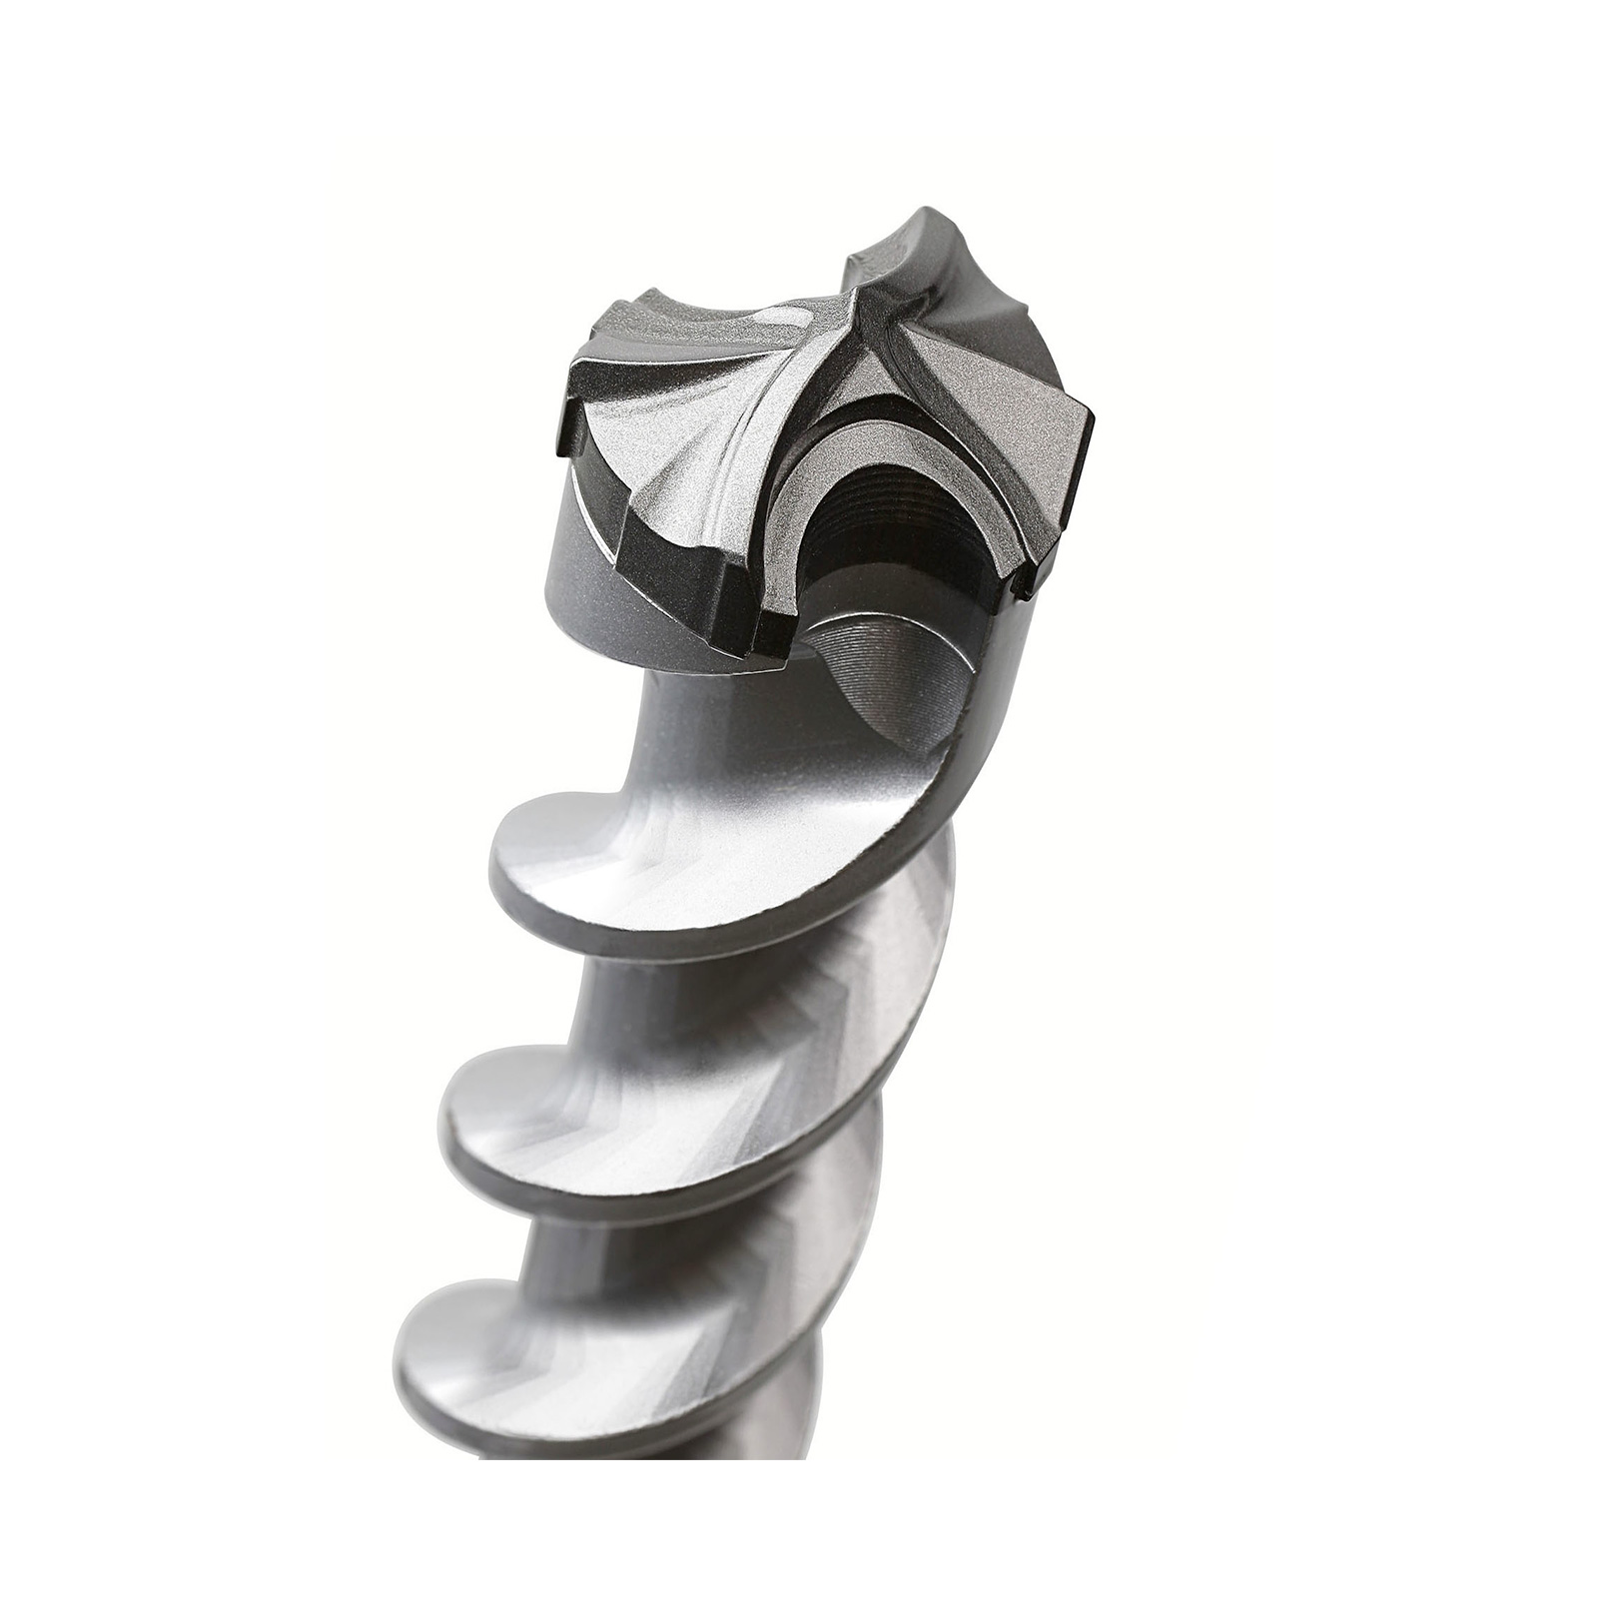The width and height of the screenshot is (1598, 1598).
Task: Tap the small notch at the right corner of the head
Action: [x=1019, y=589]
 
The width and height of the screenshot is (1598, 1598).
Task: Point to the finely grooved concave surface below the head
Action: [x=899, y=679]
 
